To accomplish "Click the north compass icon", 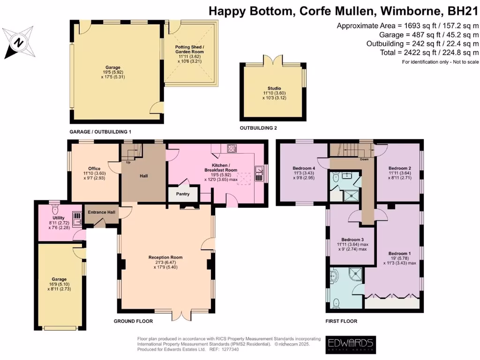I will tap(18, 42).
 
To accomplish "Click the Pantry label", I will tap(182, 193).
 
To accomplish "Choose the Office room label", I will tap(94, 168).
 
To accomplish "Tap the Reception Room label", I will tap(165, 257).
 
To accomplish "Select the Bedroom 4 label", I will tap(304, 168).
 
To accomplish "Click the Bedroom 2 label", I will tap(400, 168).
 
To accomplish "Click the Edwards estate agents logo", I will tap(350, 344).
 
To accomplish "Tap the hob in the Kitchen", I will tap(232, 149).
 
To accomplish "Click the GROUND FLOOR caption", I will tap(133, 321).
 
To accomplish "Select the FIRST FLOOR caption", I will tap(341, 321).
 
